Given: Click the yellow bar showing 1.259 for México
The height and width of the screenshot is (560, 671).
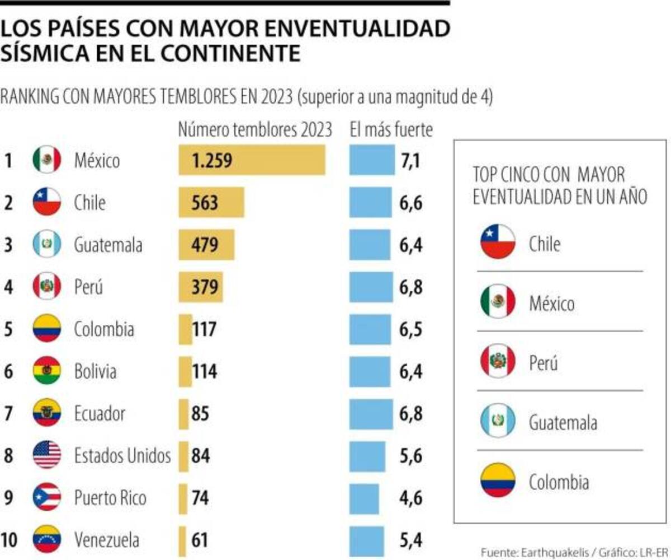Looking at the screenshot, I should pos(252,160).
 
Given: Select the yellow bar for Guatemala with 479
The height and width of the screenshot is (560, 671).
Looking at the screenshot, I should pos(206,245).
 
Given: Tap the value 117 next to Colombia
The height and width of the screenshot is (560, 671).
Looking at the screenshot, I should pos(204,329).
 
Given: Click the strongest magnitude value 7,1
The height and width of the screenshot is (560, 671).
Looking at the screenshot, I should pos(410,161).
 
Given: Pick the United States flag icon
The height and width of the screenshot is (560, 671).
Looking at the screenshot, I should pos(47,455).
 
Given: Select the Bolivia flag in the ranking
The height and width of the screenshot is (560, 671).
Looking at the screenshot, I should pos(47,371).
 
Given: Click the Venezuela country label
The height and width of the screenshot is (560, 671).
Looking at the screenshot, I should pos(107,540).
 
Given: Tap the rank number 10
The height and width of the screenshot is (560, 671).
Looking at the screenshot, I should pos(9,540).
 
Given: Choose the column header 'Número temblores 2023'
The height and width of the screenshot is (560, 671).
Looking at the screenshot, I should pos(255,130).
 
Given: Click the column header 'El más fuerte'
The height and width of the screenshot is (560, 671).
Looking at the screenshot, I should pos(391,130).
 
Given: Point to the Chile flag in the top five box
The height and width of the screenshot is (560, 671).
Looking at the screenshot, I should pos(498,242).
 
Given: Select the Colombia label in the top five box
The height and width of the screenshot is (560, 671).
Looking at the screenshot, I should pos(559,482).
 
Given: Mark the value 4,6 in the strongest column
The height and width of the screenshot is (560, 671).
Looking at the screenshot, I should pos(411,498).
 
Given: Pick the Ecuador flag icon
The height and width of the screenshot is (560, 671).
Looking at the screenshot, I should pos(47,413).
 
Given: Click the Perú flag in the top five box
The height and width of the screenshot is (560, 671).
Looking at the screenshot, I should pos(498,362).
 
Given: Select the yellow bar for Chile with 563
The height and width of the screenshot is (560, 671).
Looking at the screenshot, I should pos(211,202).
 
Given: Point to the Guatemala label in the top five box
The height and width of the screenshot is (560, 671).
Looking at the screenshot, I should pos(563,422).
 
